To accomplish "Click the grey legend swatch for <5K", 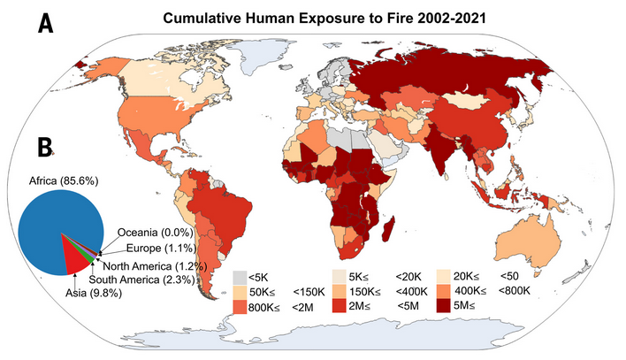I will point(240,277).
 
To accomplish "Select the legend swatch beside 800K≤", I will point(240,306).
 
